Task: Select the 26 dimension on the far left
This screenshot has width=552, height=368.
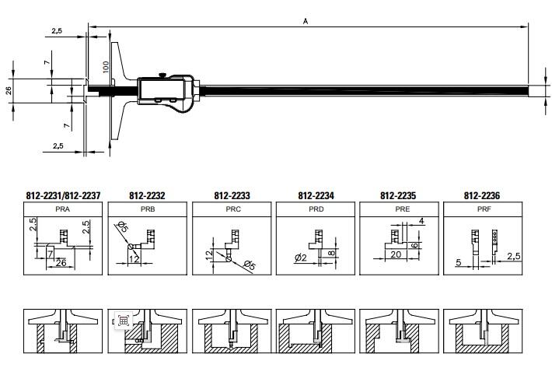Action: coord(9,90)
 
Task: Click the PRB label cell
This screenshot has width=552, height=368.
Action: coord(147,209)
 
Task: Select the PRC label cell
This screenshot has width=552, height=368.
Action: coord(231,209)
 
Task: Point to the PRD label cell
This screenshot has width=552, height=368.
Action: coord(316,209)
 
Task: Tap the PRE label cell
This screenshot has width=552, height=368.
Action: coord(399,209)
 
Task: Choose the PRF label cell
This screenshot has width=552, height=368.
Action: coord(482,209)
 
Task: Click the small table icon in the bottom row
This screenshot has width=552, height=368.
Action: coord(123,321)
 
